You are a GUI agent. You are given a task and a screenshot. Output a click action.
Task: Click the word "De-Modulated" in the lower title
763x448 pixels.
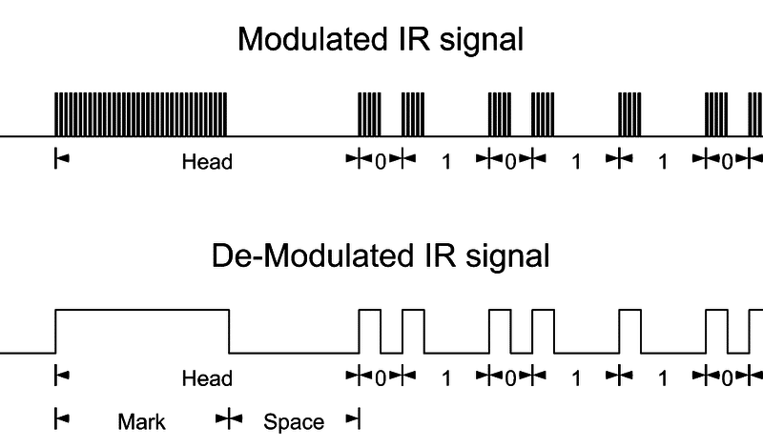(x=313, y=255)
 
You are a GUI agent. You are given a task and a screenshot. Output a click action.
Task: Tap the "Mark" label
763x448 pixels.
(x=141, y=421)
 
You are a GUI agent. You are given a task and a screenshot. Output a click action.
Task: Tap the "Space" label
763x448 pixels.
(x=294, y=422)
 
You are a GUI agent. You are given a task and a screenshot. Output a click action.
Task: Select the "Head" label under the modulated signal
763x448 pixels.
(x=207, y=161)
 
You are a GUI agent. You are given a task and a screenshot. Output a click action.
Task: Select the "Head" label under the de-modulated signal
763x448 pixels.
(x=207, y=378)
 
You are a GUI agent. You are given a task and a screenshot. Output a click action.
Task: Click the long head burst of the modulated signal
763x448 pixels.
(x=140, y=114)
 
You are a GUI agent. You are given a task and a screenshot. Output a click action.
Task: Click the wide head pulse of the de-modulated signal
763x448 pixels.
(x=142, y=310)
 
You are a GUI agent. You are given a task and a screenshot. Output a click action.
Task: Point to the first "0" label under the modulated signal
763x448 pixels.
(x=381, y=162)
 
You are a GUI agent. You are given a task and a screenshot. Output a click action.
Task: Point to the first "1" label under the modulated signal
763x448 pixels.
(x=446, y=162)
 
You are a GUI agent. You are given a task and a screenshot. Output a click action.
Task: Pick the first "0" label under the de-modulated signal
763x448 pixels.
(x=381, y=378)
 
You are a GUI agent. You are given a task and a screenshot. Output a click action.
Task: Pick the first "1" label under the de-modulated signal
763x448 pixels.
(x=446, y=378)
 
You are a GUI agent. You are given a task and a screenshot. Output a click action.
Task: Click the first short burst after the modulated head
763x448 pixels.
(x=369, y=114)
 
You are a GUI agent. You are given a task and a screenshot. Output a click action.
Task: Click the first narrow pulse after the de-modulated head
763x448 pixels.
(x=370, y=310)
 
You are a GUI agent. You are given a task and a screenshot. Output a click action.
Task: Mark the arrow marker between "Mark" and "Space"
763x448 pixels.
(x=229, y=418)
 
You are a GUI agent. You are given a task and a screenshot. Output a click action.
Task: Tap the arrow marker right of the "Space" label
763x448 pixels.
(x=354, y=418)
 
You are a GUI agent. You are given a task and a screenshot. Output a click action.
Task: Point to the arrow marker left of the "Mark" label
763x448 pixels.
(x=62, y=418)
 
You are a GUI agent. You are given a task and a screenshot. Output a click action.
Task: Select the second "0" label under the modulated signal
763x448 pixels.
(x=510, y=162)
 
